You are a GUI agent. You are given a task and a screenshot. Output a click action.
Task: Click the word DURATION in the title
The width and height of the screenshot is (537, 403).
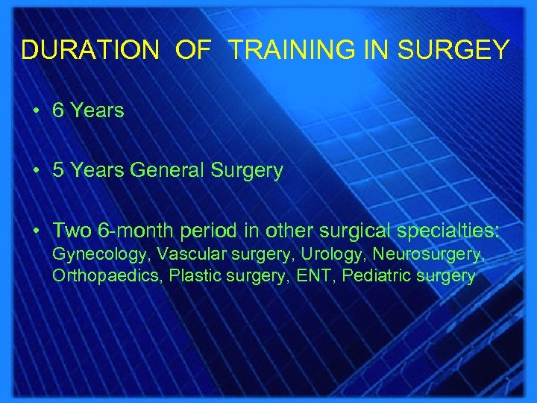click(x=89, y=50)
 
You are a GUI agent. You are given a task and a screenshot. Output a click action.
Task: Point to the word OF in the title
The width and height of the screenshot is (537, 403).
click(x=193, y=50)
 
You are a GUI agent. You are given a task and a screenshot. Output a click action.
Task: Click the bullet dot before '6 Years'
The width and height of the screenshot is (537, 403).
click(x=35, y=111)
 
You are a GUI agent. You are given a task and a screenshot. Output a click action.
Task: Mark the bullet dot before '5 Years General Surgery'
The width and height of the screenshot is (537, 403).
click(x=35, y=171)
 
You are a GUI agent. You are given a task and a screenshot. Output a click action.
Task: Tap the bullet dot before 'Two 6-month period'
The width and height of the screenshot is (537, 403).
click(x=35, y=231)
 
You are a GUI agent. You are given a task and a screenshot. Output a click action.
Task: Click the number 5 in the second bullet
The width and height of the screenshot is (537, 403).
click(x=59, y=171)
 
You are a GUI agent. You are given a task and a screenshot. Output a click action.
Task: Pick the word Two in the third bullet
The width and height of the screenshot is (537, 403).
click(x=71, y=231)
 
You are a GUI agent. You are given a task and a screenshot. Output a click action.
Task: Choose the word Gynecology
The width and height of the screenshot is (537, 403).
click(x=99, y=255)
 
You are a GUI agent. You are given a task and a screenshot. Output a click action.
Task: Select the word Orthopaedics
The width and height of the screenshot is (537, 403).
click(x=107, y=276)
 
